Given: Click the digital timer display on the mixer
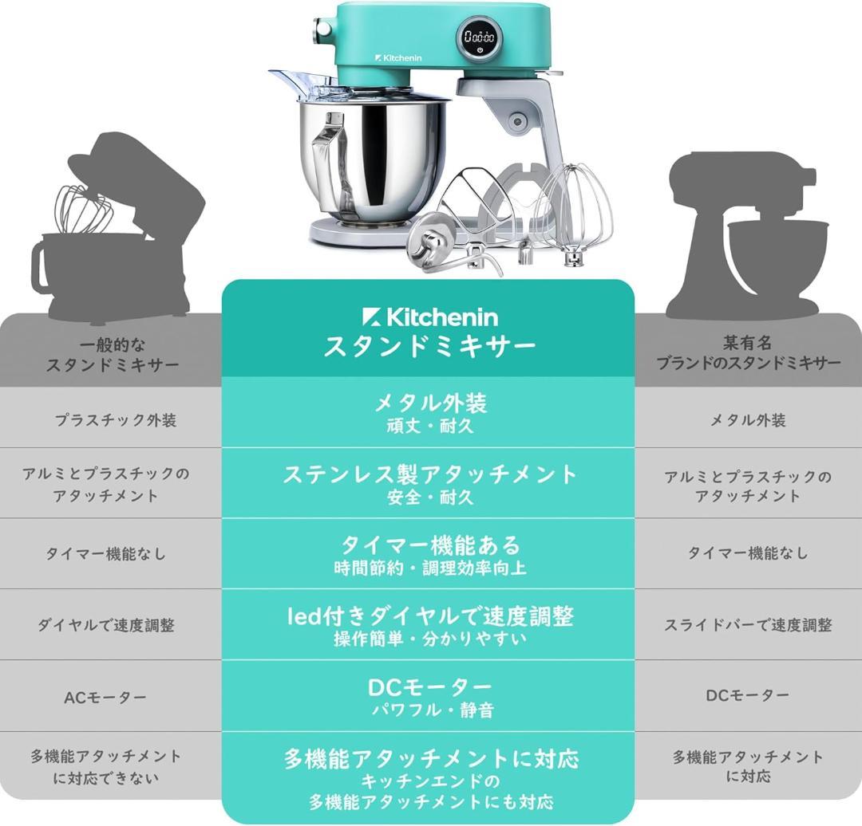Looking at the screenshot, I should (x=480, y=37).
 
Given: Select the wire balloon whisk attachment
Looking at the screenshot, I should (x=580, y=211).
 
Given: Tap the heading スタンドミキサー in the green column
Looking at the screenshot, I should (x=429, y=347).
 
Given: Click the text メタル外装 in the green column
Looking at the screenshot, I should (x=429, y=403).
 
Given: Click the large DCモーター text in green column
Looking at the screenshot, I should (x=429, y=686).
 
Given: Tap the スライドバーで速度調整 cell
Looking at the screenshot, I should (x=748, y=625).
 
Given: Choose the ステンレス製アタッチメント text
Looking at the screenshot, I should (x=429, y=474).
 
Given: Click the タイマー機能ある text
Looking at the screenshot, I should (x=429, y=545).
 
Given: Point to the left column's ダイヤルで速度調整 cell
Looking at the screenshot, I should (x=105, y=625).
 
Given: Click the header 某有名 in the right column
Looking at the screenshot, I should (x=748, y=343).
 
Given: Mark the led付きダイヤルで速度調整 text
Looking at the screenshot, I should (x=429, y=616).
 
